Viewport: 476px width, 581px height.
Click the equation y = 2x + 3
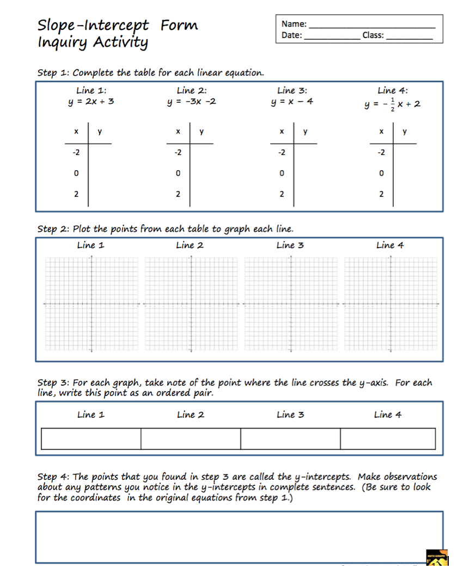point(91,102)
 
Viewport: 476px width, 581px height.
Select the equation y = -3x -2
point(191,102)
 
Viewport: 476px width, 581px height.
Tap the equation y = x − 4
point(292,102)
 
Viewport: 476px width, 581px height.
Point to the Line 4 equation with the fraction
point(393,104)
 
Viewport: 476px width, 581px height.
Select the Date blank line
point(331,37)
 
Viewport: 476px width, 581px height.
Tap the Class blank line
point(409,37)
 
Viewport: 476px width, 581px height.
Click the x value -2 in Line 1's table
point(76,152)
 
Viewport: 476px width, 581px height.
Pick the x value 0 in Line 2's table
point(178,174)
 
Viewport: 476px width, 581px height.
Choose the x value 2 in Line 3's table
point(282,194)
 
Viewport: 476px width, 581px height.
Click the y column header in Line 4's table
point(404,132)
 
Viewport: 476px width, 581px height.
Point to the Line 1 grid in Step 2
point(91,304)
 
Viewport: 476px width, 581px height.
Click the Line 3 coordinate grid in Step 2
point(290,304)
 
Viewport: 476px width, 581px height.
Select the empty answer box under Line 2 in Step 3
point(191,438)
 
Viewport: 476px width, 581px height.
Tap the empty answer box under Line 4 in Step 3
point(388,438)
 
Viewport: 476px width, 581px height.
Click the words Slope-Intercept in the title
point(93,25)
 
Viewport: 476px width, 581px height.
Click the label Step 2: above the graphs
point(53,228)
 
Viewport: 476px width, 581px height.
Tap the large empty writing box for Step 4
point(239,536)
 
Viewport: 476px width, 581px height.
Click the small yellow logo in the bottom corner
point(438,558)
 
